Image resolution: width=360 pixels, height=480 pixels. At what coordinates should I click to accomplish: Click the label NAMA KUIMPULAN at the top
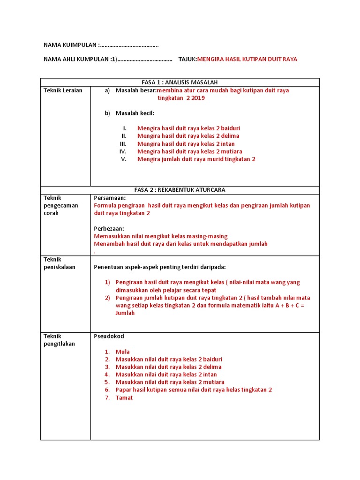point(70,45)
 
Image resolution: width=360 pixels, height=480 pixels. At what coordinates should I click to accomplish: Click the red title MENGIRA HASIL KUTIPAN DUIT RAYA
point(247,59)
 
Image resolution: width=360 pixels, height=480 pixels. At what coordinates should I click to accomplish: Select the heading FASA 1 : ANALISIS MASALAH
point(180,82)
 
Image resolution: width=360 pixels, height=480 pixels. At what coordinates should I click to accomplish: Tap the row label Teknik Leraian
point(63,90)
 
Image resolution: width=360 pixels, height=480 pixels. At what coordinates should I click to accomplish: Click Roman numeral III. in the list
point(123,144)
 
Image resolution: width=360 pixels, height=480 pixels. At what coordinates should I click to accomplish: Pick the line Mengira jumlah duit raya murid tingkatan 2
point(196,159)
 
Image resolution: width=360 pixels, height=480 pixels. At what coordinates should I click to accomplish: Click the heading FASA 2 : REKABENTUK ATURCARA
point(180,190)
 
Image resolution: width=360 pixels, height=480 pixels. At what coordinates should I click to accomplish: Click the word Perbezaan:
point(109,229)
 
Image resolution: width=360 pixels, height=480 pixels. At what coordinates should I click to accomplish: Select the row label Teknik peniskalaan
point(60,263)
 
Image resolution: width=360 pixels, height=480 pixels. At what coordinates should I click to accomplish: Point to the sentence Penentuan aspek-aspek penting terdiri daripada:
point(159,267)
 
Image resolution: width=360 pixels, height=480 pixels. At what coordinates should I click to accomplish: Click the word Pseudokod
point(109,336)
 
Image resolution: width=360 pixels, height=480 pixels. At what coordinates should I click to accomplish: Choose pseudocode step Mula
point(122,352)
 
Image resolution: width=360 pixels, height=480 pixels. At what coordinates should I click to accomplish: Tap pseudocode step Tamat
point(124,398)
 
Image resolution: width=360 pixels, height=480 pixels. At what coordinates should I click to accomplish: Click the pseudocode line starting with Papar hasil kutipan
point(193,390)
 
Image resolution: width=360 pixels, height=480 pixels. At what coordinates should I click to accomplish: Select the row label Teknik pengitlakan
point(60,340)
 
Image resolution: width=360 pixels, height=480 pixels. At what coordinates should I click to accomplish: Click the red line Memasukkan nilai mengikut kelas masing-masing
point(160,236)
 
